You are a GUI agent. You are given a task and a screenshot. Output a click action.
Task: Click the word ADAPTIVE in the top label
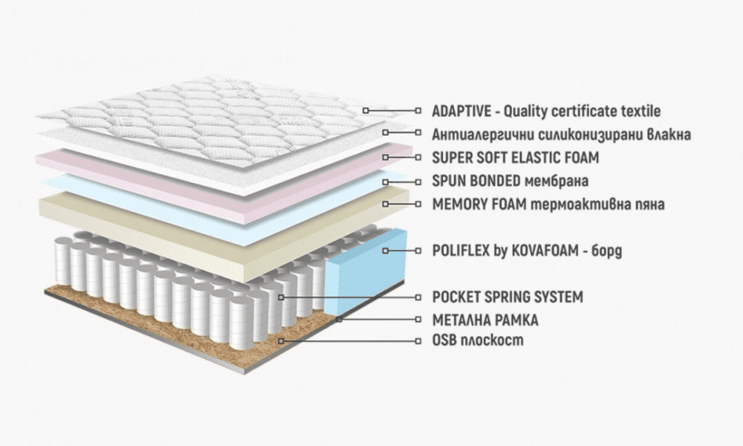point(461,111)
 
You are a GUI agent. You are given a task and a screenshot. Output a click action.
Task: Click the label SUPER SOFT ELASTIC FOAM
point(516,158)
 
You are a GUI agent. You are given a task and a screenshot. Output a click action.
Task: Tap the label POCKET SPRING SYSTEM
point(507,297)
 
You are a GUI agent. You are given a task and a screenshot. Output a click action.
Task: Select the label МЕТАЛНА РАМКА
point(485,320)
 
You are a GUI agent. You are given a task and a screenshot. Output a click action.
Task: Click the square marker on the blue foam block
point(386,251)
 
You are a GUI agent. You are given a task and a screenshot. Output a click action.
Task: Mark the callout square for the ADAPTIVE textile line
point(366,110)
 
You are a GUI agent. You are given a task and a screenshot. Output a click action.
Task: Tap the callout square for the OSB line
point(281,341)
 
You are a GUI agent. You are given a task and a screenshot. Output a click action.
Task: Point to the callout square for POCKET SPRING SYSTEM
point(281,297)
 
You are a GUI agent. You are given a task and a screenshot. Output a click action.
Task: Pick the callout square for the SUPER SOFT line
point(386,158)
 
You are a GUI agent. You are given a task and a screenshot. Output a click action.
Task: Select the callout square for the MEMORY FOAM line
point(386,204)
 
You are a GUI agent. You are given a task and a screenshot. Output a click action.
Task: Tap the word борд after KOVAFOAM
point(606,250)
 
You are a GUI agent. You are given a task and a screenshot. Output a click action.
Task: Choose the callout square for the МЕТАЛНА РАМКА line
point(339,319)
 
